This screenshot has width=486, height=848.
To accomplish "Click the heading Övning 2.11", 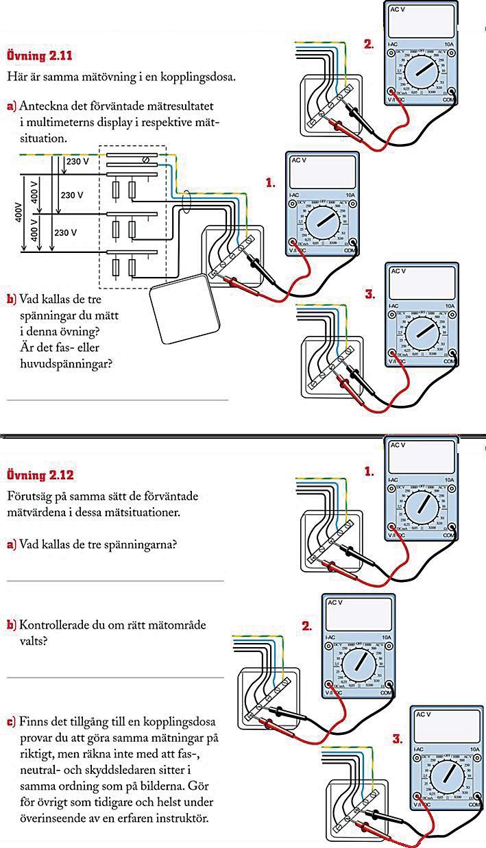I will pyautogui.click(x=38, y=56).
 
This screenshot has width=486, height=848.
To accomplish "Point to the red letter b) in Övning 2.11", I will pyautogui.click(x=11, y=300).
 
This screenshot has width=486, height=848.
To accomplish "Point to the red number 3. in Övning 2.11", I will pyautogui.click(x=371, y=295).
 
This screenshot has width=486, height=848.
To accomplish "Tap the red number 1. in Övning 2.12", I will pyautogui.click(x=369, y=472).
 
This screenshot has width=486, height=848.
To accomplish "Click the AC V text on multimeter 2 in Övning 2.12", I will pyautogui.click(x=335, y=603).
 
